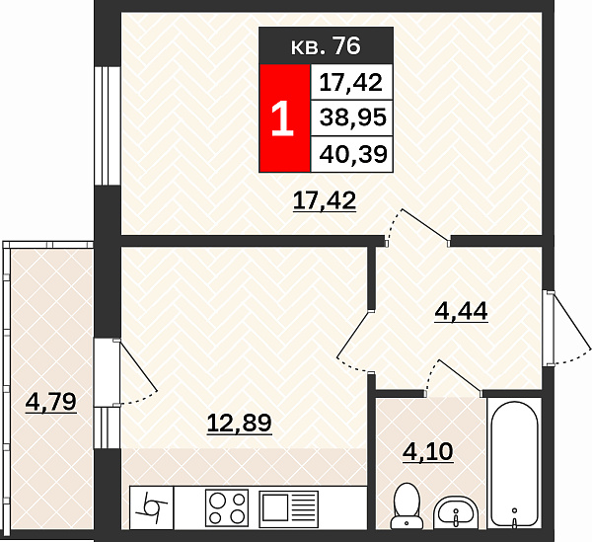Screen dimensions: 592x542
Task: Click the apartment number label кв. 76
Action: pos(326,46)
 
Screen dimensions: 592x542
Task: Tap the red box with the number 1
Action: pos(285,117)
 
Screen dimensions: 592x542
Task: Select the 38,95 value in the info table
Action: pos(353,117)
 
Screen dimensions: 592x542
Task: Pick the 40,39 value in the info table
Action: pos(353,154)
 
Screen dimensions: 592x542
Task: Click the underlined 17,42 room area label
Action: pos(325,200)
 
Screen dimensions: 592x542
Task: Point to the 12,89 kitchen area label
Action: pos(240,423)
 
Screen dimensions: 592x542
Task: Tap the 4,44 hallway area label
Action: pos(461,312)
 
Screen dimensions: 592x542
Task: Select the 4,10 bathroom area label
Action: pos(428,451)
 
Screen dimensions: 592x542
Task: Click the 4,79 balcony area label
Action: pos(51,402)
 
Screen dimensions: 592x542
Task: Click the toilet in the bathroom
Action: pos(407,506)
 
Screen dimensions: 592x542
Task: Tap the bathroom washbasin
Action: pos(456,513)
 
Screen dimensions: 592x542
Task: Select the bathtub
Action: pos(514,463)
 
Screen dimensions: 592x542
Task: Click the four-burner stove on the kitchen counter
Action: pos(227,508)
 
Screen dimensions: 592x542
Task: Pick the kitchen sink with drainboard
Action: pos(288,509)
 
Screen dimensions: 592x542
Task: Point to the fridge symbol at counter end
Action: pos(151,508)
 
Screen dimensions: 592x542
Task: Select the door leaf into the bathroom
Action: pos(460,375)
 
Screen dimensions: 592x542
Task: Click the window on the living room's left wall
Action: pos(108,125)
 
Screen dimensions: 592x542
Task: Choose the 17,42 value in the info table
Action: pos(350,82)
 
